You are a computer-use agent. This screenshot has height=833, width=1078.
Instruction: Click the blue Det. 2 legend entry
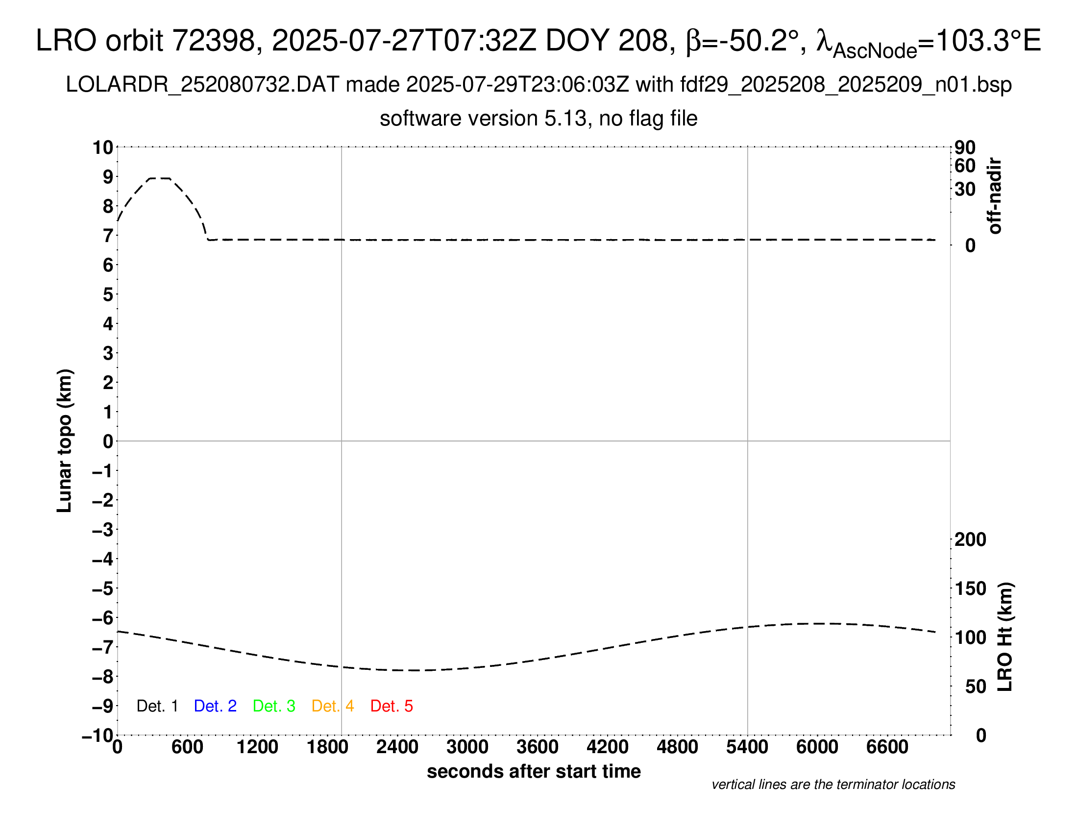(215, 706)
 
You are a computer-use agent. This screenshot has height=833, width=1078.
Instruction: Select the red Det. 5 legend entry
(392, 706)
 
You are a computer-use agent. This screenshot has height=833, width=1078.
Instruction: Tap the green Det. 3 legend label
(274, 706)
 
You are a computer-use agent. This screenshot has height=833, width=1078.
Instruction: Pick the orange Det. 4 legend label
(333, 706)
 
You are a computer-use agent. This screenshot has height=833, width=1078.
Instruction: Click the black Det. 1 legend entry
(157, 706)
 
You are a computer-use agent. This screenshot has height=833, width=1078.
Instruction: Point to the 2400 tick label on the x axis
(397, 747)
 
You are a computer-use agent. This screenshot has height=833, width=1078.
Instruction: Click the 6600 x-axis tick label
(887, 747)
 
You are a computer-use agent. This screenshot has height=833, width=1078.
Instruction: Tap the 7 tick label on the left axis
(108, 236)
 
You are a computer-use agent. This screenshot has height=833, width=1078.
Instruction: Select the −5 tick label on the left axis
(103, 588)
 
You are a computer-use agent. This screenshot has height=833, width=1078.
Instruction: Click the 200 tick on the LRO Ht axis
(970, 539)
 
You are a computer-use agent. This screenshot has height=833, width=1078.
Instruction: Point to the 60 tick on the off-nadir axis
(965, 166)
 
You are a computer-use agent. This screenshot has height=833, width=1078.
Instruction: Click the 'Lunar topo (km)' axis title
(65, 441)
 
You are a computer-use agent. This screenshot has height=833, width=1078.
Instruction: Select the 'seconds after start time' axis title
(534, 771)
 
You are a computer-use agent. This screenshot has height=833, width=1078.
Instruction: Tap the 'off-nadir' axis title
(995, 196)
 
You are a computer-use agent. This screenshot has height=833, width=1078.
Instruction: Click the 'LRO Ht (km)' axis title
(1005, 637)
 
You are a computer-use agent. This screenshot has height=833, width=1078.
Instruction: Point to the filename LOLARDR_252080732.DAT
(202, 85)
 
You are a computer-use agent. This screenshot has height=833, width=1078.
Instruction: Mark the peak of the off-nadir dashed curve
(159, 178)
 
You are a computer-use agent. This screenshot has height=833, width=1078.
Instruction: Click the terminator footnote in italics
(833, 784)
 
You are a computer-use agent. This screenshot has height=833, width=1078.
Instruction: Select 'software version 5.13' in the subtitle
(483, 119)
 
